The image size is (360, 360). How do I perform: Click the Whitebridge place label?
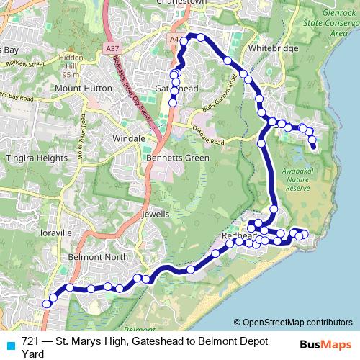(x=268, y=48)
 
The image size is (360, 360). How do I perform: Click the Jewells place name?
(x=156, y=214)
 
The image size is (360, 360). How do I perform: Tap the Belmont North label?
(x=97, y=256)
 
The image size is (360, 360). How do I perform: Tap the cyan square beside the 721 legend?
(x=11, y=343)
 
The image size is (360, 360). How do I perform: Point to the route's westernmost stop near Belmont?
(x=47, y=304)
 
